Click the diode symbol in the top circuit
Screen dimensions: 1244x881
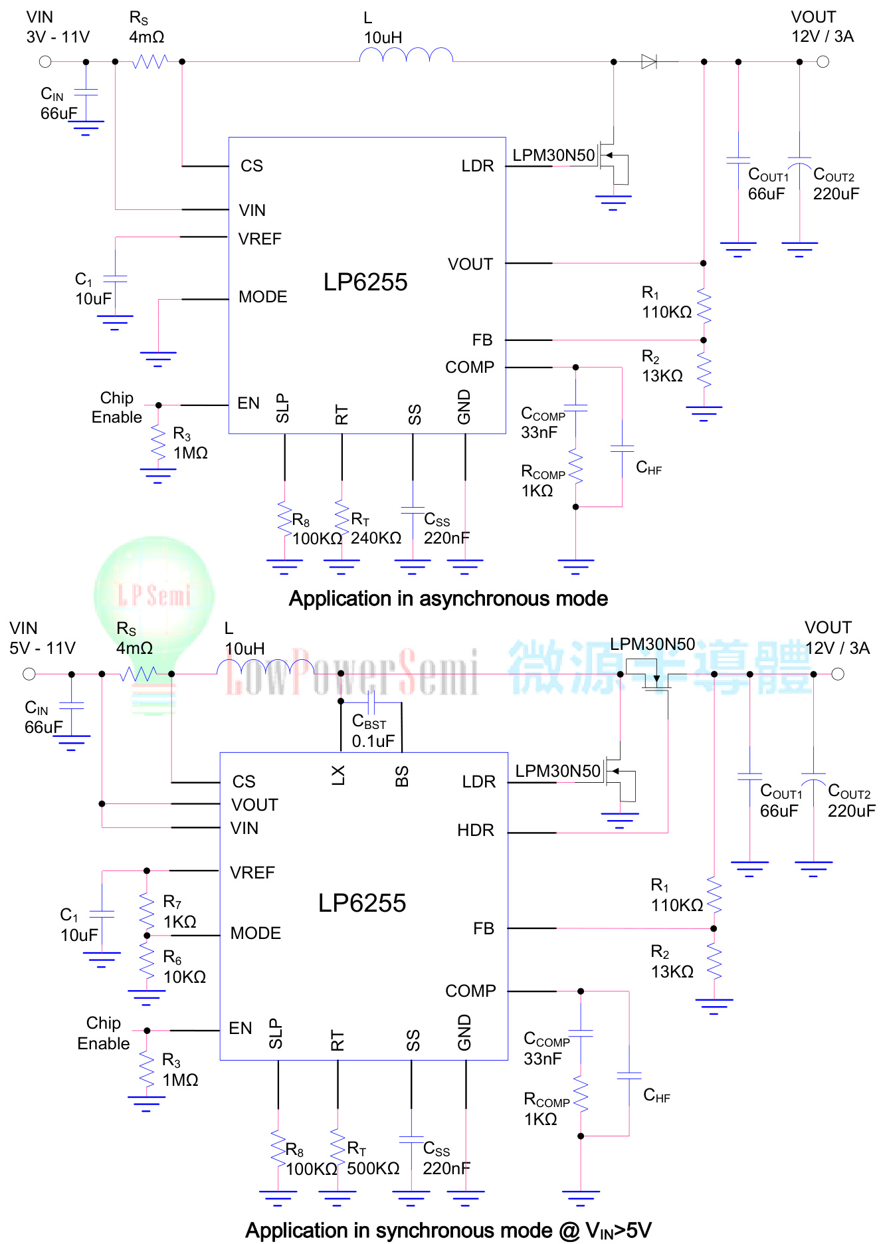tap(649, 62)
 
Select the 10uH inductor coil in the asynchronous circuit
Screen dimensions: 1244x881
tap(406, 56)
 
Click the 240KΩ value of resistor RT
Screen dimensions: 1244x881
tap(376, 538)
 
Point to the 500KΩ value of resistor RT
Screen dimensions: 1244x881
tap(373, 1168)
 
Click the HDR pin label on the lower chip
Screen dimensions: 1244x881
tap(476, 830)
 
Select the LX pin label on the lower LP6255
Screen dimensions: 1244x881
tap(338, 775)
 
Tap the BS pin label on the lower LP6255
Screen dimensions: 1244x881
tap(402, 776)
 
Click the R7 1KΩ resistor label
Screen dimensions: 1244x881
tap(179, 912)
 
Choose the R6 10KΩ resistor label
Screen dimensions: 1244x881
tap(184, 967)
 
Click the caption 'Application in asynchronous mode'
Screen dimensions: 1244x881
tap(448, 599)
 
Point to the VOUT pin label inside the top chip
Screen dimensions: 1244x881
tap(470, 264)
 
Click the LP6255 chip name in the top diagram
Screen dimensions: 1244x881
tap(365, 282)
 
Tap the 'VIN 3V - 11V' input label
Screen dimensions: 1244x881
tap(58, 27)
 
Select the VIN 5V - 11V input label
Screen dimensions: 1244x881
tap(43, 638)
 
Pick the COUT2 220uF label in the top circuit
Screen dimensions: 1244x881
tap(836, 184)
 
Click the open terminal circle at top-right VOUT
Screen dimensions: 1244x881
tap(823, 62)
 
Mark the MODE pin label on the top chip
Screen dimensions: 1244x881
tap(263, 297)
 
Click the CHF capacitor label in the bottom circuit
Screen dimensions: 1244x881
tap(656, 1096)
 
